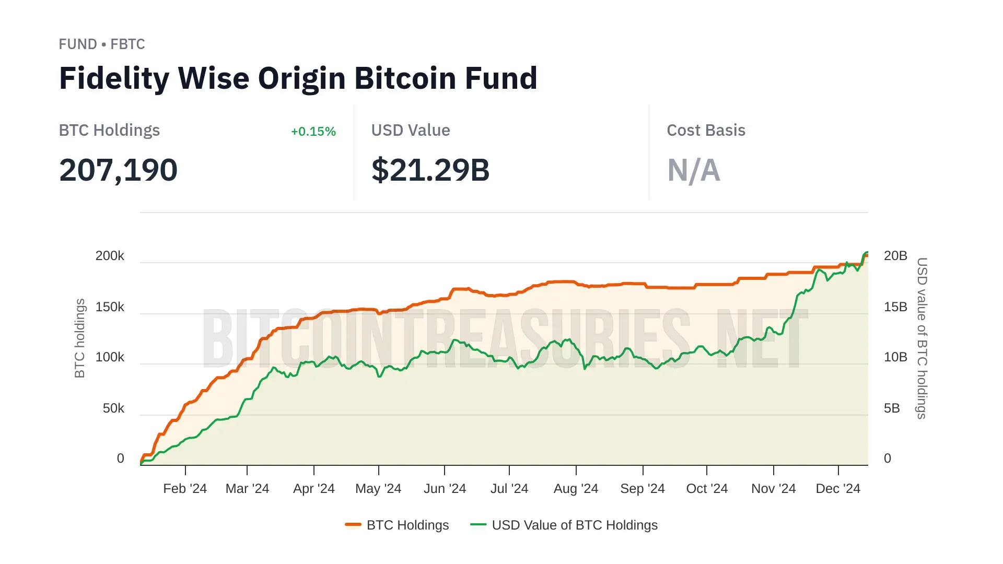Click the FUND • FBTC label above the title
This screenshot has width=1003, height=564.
pos(102,44)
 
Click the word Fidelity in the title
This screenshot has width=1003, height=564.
pos(114,78)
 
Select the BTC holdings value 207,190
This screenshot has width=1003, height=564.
pos(119,170)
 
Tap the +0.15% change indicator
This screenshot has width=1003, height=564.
pos(313,132)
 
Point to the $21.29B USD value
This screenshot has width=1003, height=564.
pos(430,170)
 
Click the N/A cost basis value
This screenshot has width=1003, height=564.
pos(694,170)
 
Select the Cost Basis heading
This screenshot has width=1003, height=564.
pos(706,131)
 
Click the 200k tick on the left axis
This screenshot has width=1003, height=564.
pos(110,256)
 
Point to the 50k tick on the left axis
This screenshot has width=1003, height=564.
pos(113,408)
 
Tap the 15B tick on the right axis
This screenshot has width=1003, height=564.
pos(895,307)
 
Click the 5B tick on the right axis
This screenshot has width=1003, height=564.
pos(892,408)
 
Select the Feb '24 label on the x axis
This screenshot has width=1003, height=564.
pos(185,489)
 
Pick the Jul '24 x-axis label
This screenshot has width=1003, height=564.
pos(509,489)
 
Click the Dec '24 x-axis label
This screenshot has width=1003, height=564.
pos(838,489)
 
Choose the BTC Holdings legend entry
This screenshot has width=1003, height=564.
pos(407,525)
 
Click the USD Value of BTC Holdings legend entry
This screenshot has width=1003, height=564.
pos(574,525)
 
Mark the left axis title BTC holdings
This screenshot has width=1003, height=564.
pos(79,338)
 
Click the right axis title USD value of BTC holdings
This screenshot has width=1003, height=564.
pos(922,338)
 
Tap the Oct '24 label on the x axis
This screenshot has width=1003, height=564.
pos(707,489)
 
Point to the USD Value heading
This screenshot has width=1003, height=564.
pos(411,131)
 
